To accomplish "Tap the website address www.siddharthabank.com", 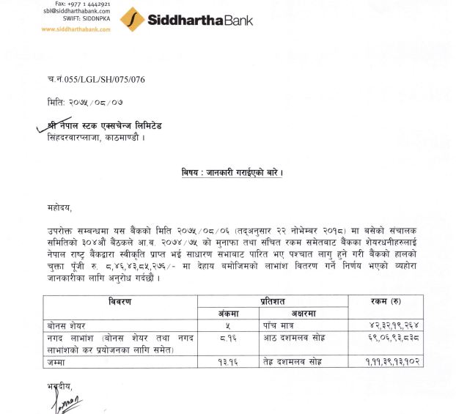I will pos(76,29).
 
